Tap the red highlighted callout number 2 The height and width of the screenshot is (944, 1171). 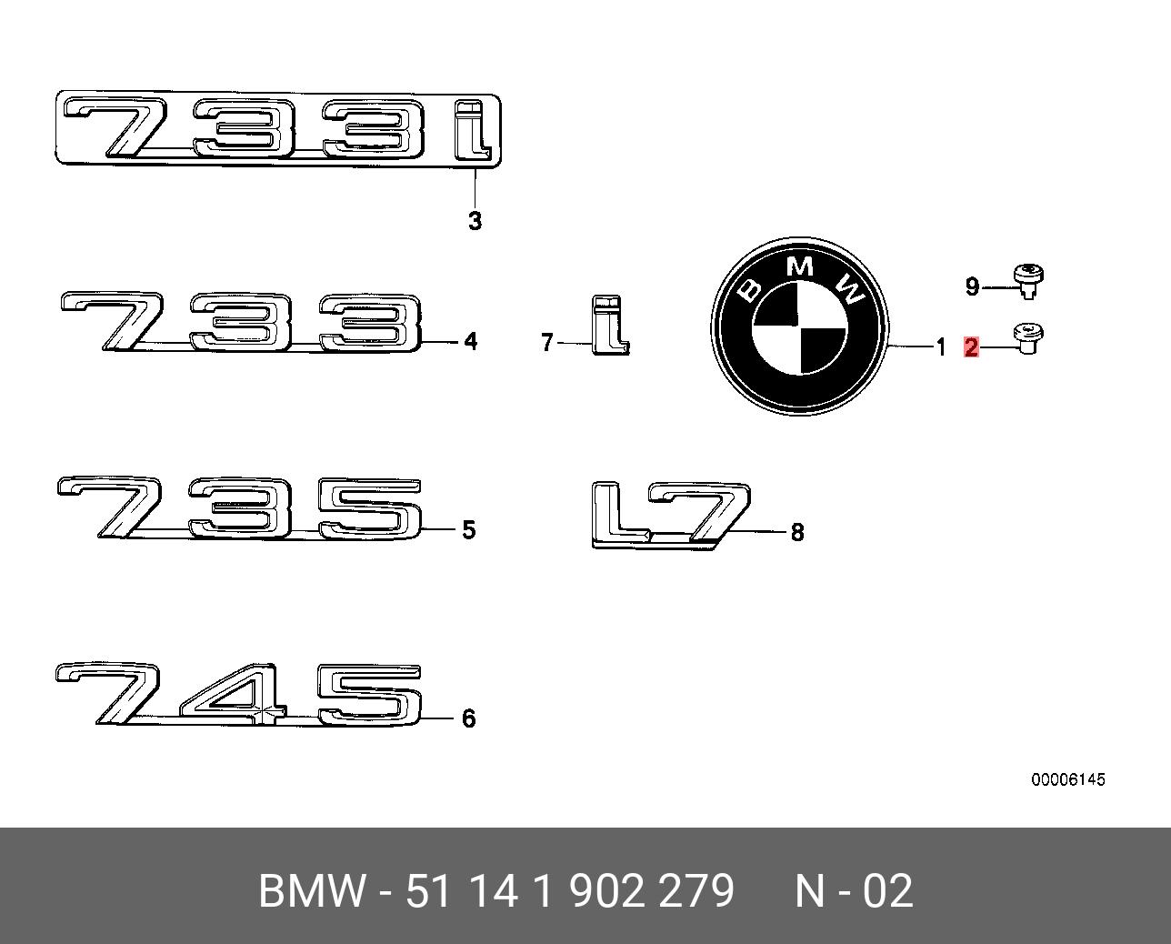pyautogui.click(x=971, y=346)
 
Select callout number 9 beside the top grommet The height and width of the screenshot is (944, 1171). pyautogui.click(x=972, y=287)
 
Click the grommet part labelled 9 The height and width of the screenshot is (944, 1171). pyautogui.click(x=1027, y=278)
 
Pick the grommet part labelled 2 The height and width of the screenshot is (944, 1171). pyautogui.click(x=1027, y=338)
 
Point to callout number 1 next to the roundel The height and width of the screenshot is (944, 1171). pyautogui.click(x=941, y=346)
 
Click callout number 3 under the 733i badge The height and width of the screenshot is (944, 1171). pyautogui.click(x=475, y=220)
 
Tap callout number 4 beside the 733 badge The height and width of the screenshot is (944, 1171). pyautogui.click(x=470, y=341)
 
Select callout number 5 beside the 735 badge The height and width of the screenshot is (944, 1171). pyautogui.click(x=469, y=529)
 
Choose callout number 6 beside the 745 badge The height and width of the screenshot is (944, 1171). pyautogui.click(x=469, y=718)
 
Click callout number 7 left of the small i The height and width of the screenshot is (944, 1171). pyautogui.click(x=546, y=343)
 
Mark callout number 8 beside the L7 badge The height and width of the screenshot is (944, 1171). pyautogui.click(x=797, y=532)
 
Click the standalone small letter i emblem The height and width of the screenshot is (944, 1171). pyautogui.click(x=609, y=325)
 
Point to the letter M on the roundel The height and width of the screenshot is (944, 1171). pyautogui.click(x=800, y=266)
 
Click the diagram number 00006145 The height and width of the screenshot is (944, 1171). pyautogui.click(x=1067, y=779)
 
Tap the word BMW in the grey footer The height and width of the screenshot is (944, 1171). pyautogui.click(x=311, y=891)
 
